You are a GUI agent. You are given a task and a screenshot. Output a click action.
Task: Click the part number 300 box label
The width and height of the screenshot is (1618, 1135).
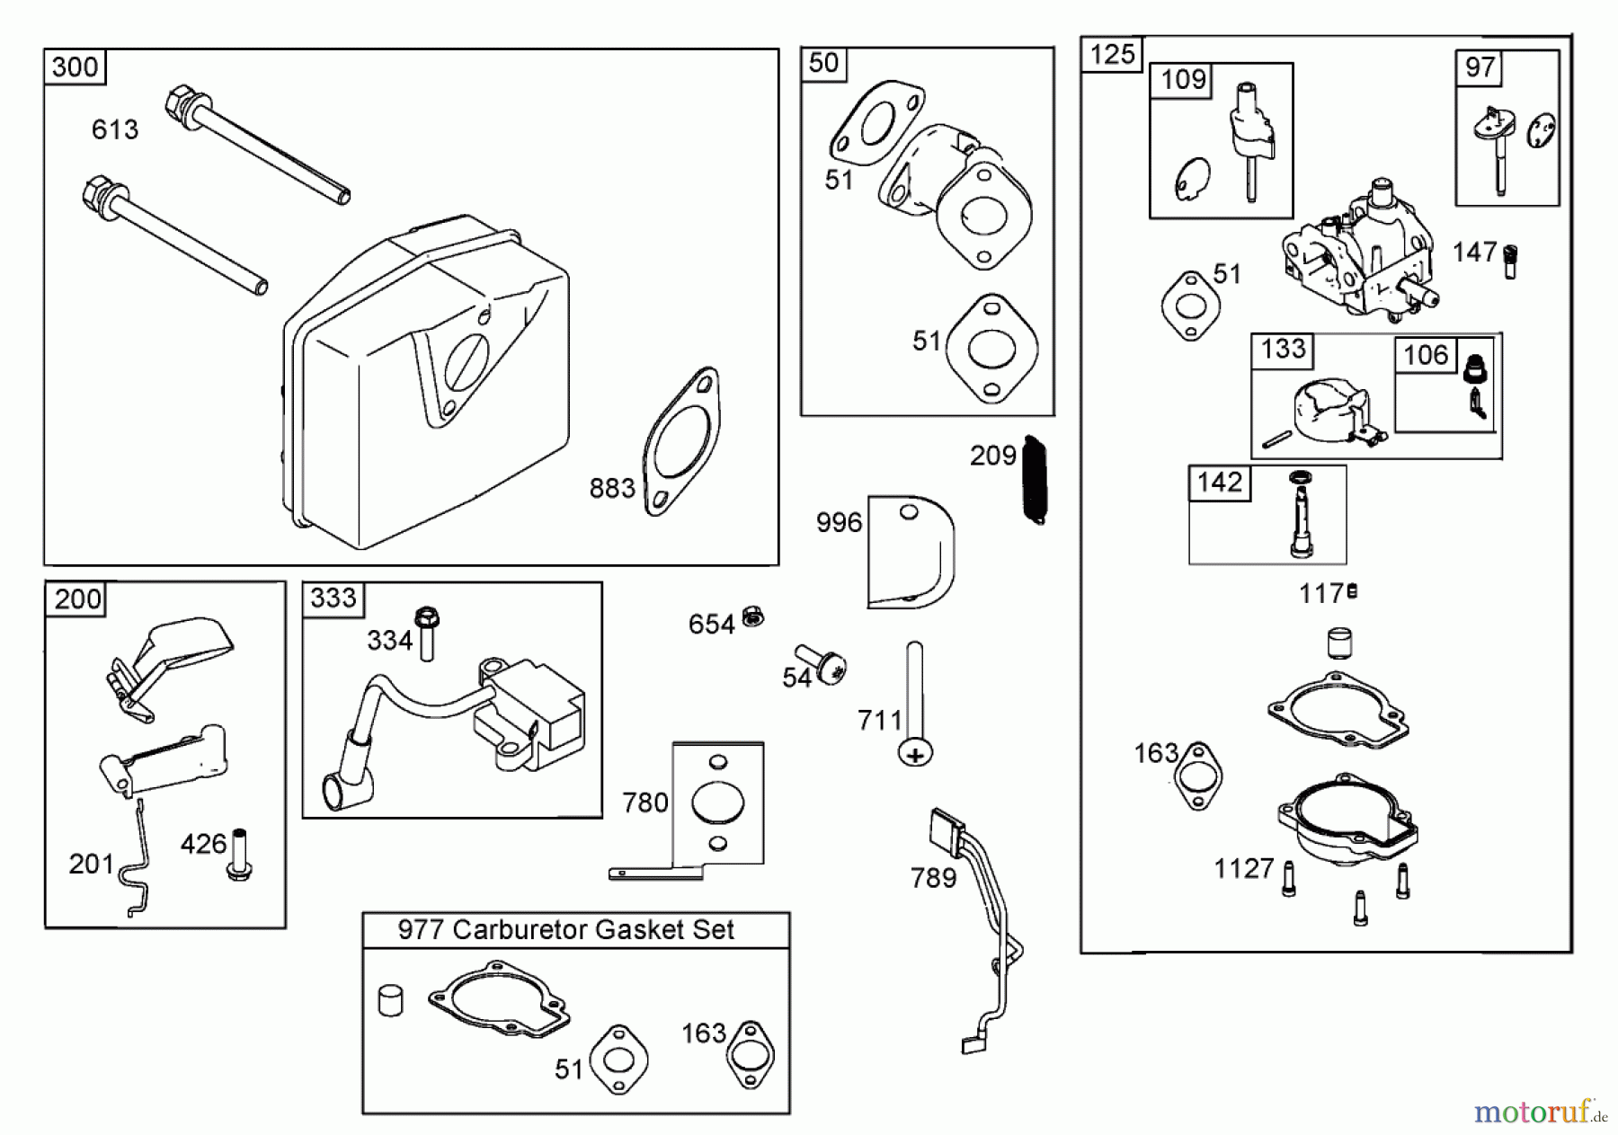click(75, 67)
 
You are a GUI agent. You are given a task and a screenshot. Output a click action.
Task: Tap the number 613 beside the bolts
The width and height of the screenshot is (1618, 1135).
click(115, 130)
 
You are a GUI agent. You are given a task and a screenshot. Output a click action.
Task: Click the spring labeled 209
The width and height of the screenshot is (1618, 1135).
click(1035, 480)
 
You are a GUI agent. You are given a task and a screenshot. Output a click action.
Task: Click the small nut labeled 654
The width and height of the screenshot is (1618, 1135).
click(753, 617)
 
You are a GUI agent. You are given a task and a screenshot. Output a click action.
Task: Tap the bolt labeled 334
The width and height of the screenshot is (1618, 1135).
click(427, 634)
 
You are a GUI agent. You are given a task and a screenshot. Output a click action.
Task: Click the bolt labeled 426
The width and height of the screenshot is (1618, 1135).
click(239, 854)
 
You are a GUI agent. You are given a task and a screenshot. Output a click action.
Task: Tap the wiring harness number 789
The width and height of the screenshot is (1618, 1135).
click(933, 878)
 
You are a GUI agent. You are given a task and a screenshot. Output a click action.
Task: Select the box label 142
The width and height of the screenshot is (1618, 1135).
click(1219, 483)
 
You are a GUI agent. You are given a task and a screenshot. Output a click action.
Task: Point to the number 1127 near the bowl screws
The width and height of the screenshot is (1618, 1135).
click(1244, 869)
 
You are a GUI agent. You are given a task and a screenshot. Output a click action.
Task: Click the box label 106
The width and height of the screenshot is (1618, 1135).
click(1426, 355)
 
